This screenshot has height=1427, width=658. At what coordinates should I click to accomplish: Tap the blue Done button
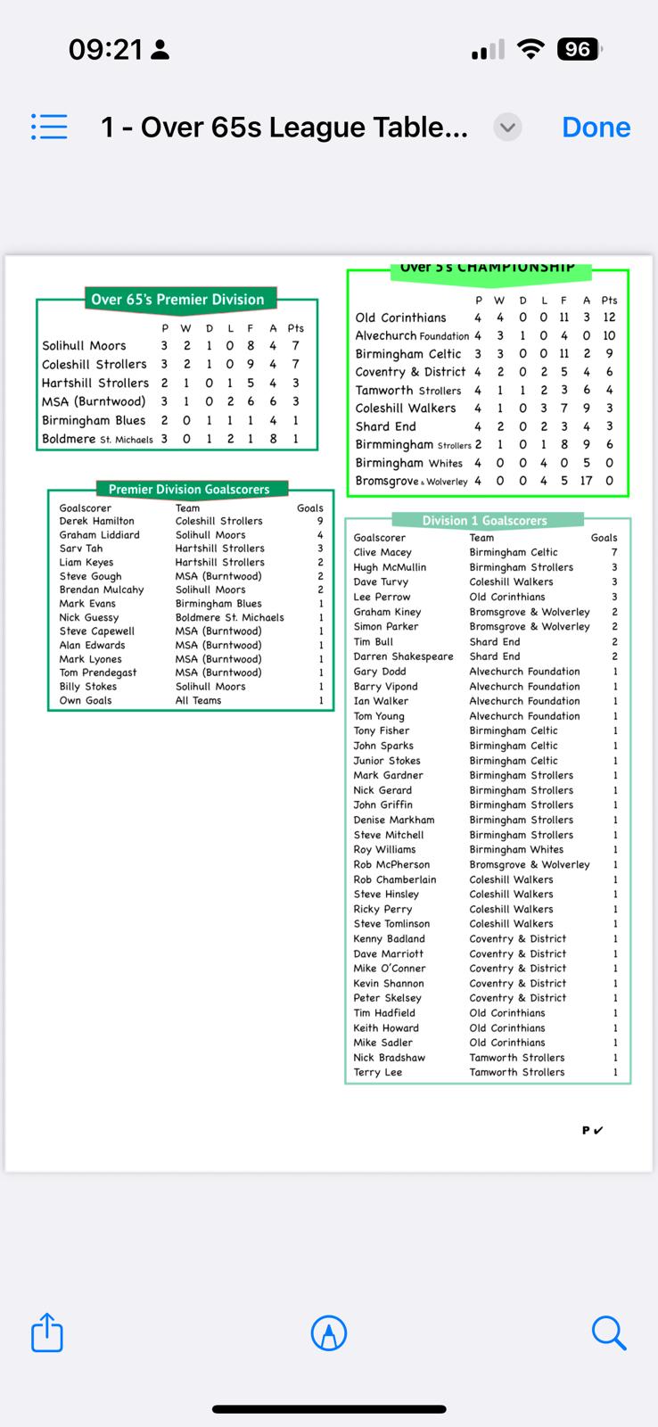click(596, 128)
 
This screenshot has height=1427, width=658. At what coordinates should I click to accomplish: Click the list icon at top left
click(49, 127)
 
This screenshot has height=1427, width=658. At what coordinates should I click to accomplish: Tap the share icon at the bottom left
click(47, 1333)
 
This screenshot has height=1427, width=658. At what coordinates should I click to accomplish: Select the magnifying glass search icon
click(609, 1333)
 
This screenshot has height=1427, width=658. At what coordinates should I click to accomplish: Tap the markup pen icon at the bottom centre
click(329, 1333)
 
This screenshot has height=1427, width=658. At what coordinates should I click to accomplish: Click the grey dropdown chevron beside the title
click(507, 128)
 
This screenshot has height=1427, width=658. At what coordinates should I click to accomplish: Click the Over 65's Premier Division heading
click(177, 300)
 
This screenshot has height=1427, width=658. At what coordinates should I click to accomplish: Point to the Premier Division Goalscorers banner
click(189, 489)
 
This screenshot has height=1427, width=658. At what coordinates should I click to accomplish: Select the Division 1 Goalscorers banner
click(484, 520)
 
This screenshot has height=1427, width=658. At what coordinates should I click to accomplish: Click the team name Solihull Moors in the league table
click(84, 346)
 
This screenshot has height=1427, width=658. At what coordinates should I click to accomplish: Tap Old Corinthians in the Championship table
click(400, 318)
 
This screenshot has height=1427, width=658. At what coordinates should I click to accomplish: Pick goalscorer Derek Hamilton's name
click(96, 521)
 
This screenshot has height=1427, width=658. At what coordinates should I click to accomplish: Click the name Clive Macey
click(382, 552)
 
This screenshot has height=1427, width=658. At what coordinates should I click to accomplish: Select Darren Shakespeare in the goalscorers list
click(403, 656)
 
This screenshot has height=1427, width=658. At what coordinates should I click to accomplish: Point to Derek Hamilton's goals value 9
click(320, 521)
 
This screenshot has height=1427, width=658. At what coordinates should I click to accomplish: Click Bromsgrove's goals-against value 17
click(586, 481)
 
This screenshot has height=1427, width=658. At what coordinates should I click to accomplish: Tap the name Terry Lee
click(377, 1072)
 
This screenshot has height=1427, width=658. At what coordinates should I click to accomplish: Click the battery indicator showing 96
click(578, 49)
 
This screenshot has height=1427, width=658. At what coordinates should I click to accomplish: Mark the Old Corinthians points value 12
click(609, 318)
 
